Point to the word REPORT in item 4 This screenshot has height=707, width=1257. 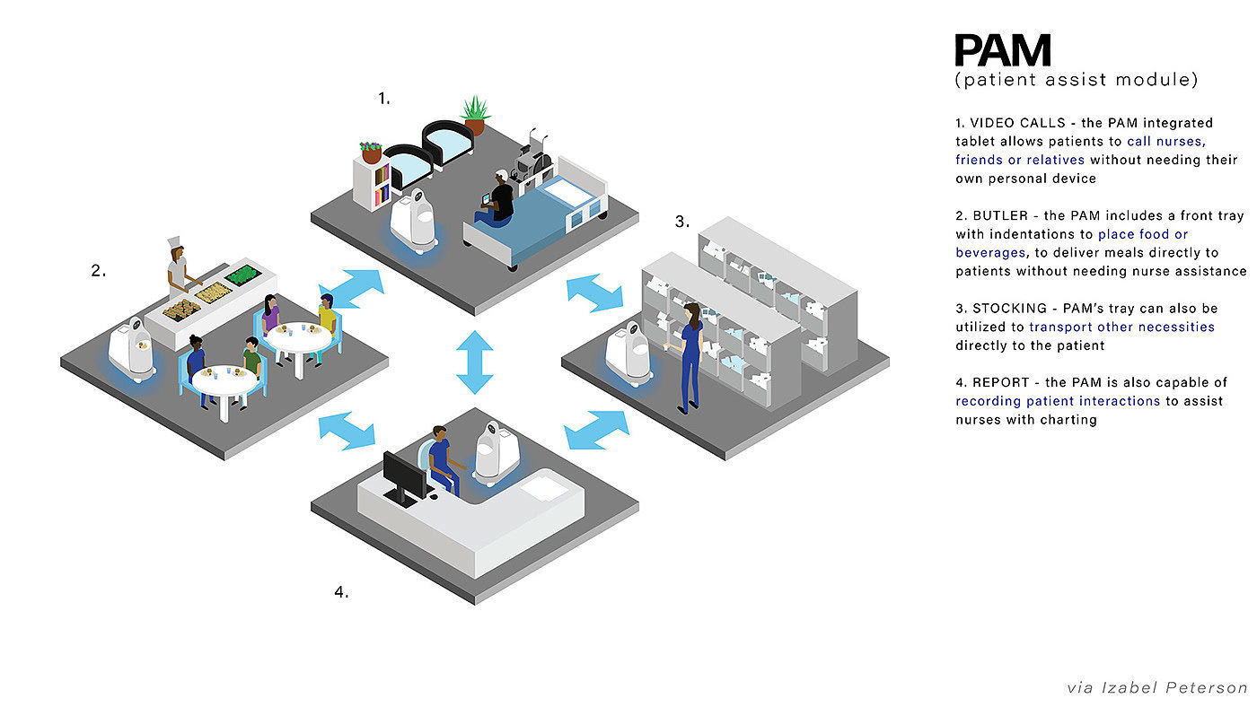[x=999, y=383]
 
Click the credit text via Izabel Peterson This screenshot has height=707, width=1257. [x=1156, y=688]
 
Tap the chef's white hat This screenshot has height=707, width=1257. [x=175, y=244]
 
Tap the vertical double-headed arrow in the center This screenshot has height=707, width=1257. [x=474, y=361]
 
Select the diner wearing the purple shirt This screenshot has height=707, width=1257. [x=270, y=315]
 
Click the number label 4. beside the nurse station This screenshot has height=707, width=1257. [x=340, y=592]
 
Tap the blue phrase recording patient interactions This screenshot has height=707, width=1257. [x=1057, y=401]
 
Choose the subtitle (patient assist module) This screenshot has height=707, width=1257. [x=1076, y=81]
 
